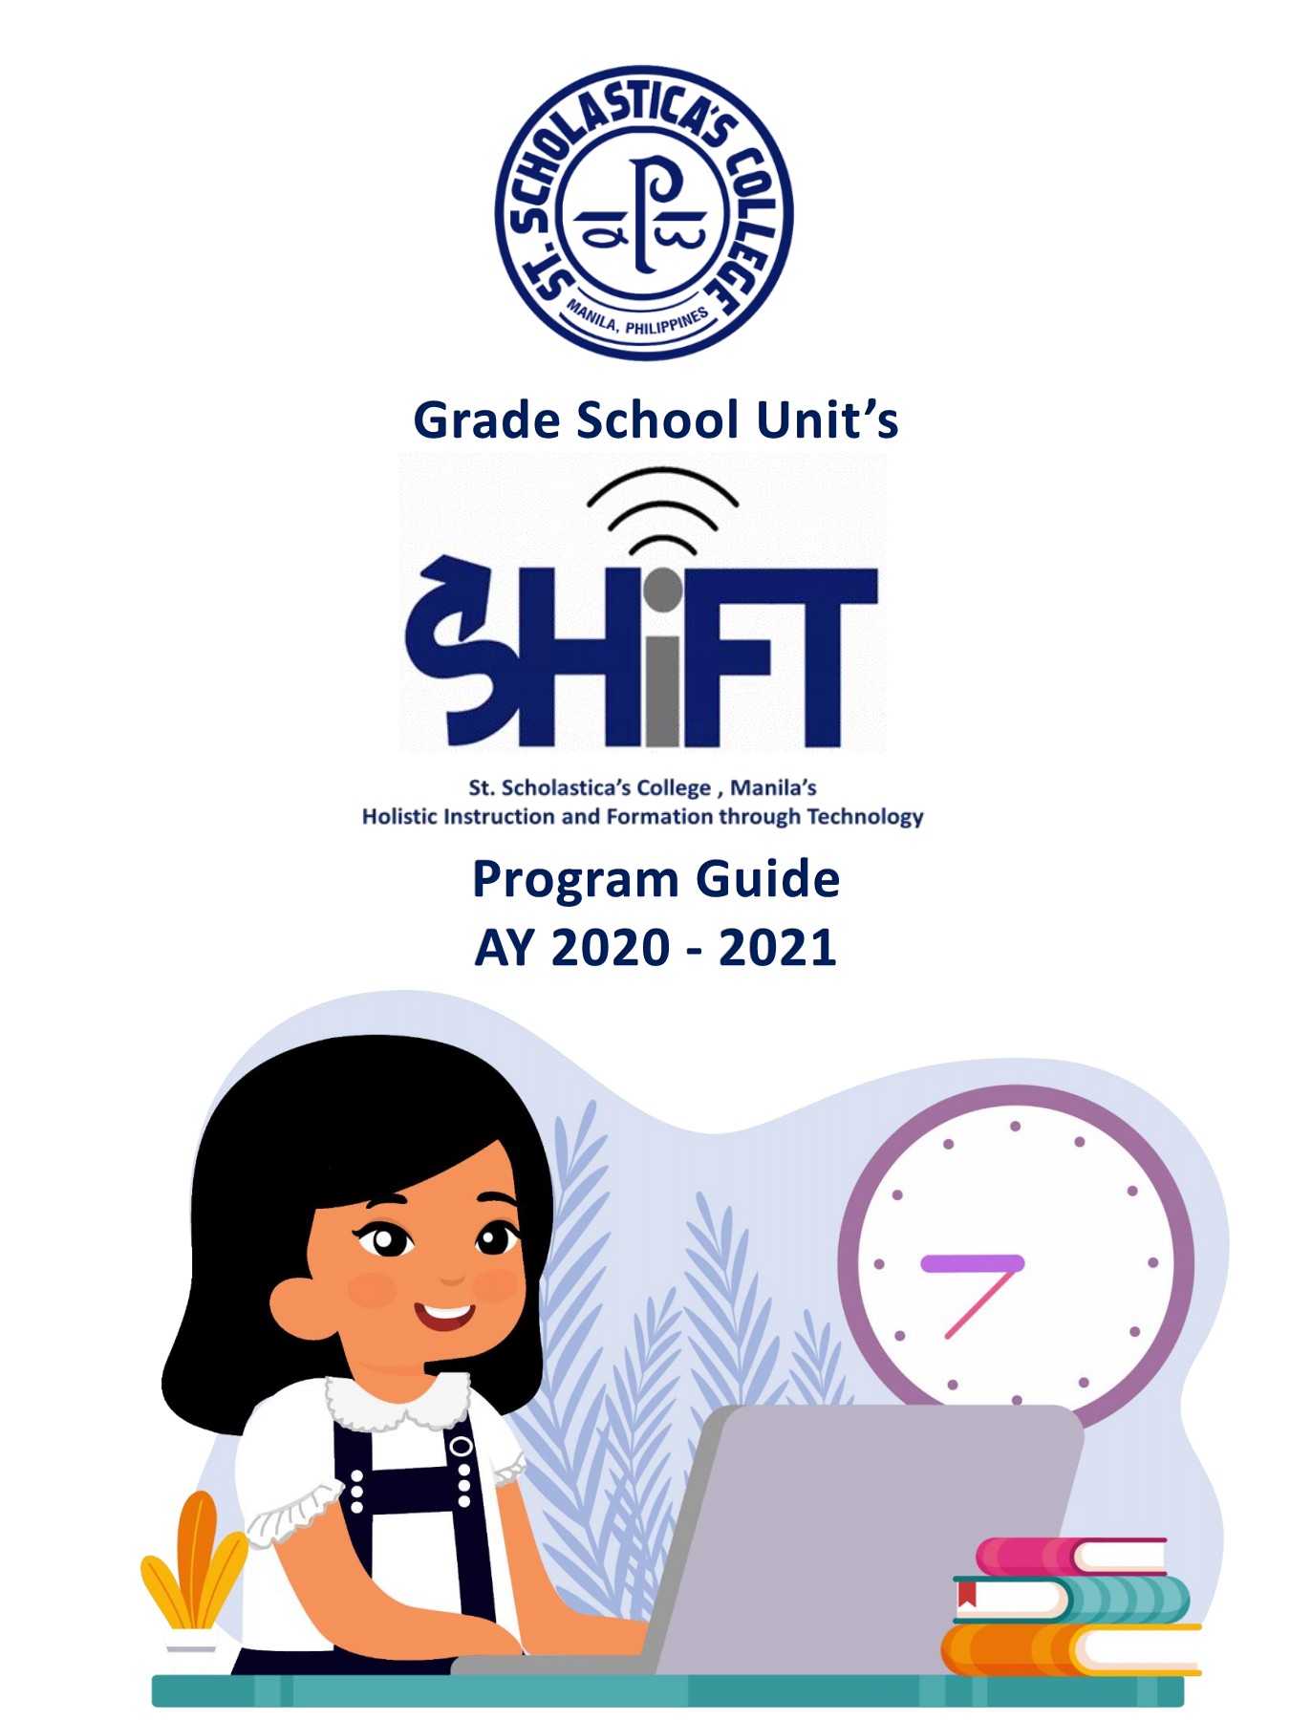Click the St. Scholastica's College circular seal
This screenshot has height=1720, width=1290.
click(x=644, y=213)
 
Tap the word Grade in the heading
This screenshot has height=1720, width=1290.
click(x=485, y=420)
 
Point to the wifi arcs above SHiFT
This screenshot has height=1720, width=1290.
click(x=662, y=511)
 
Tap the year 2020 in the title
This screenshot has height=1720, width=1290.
click(x=612, y=948)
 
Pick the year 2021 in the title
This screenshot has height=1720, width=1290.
click(x=778, y=948)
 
